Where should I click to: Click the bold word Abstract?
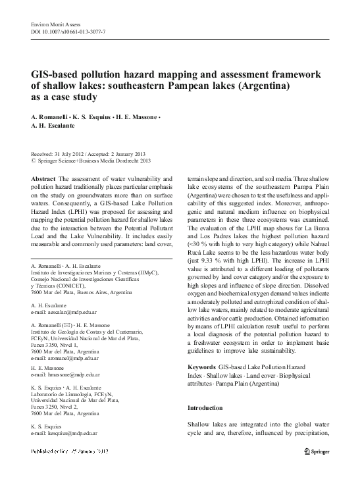43,178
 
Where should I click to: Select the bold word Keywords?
202,366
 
